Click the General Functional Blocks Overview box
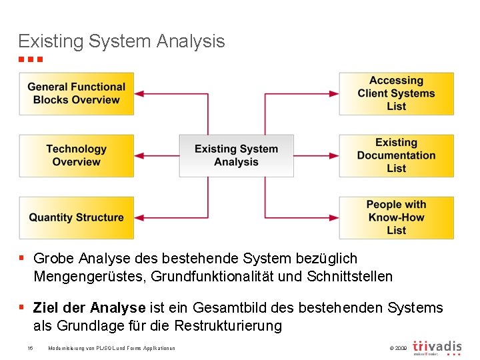point(76,93)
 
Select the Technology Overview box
point(76,155)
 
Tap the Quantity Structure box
point(76,217)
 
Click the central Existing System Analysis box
point(236,155)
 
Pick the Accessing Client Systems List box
point(396,93)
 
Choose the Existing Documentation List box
point(396,155)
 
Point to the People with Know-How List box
point(396,217)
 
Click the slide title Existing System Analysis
point(121,41)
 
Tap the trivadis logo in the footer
point(437,347)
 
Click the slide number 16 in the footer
point(30,348)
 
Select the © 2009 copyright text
point(396,348)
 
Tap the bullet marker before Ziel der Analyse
point(22,307)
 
